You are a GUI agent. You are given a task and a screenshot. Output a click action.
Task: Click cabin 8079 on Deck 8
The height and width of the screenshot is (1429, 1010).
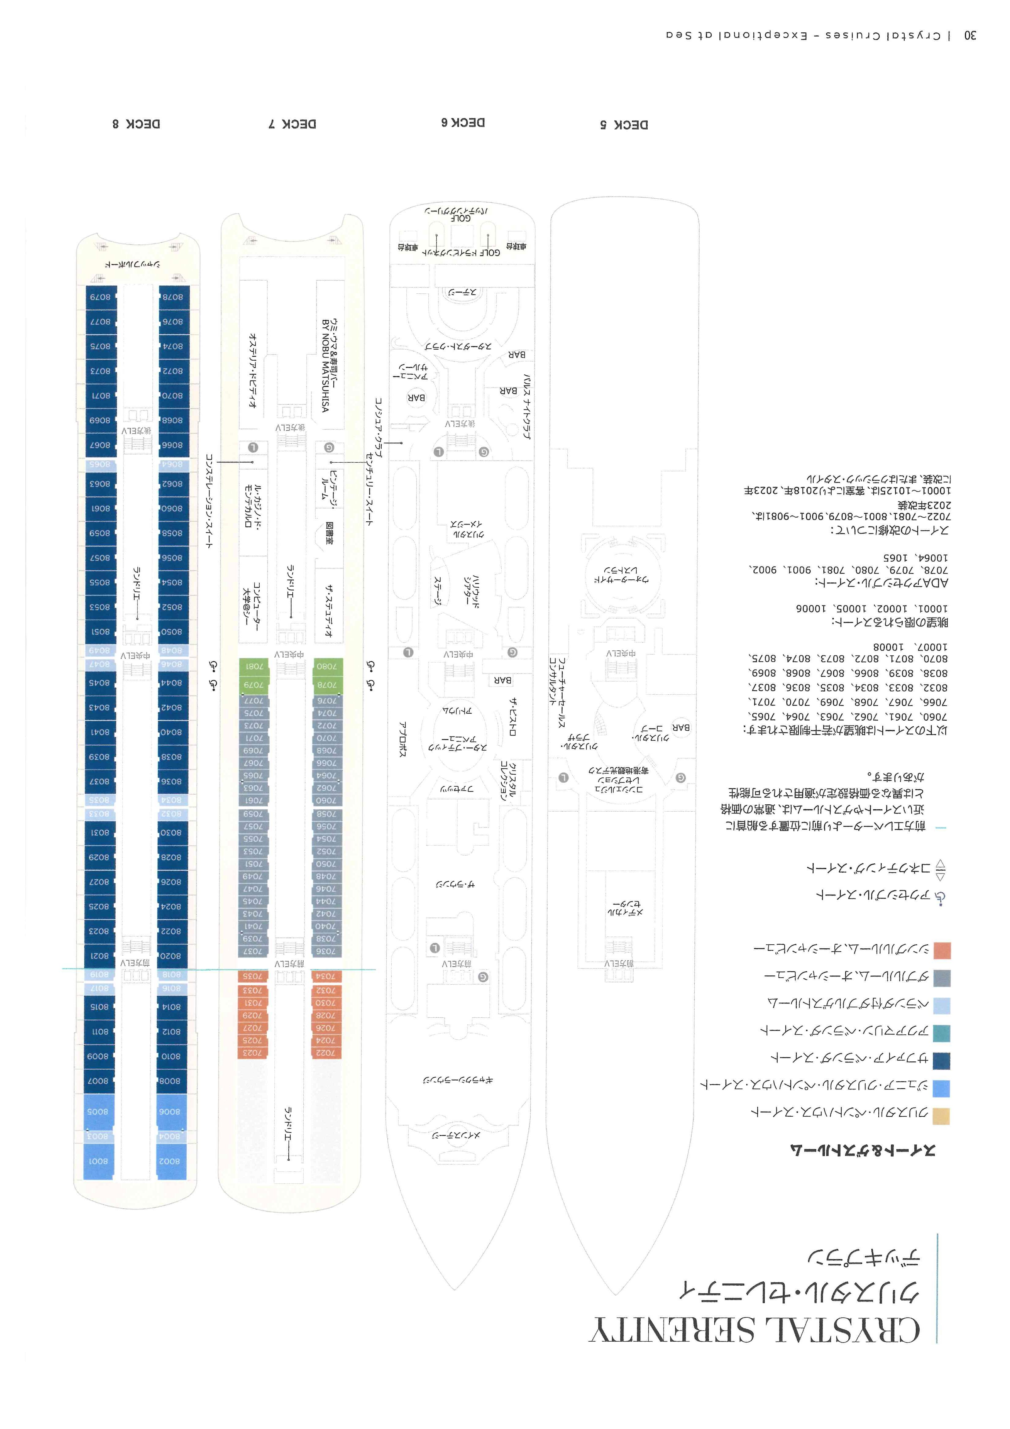tap(100, 297)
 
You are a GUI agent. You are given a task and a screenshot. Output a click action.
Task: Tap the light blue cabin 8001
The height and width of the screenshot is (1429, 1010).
tap(98, 1161)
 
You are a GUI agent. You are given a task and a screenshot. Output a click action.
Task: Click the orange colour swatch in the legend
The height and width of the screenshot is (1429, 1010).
tap(942, 950)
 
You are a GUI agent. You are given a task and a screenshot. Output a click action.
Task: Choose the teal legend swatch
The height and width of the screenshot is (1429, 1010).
tap(942, 1033)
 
